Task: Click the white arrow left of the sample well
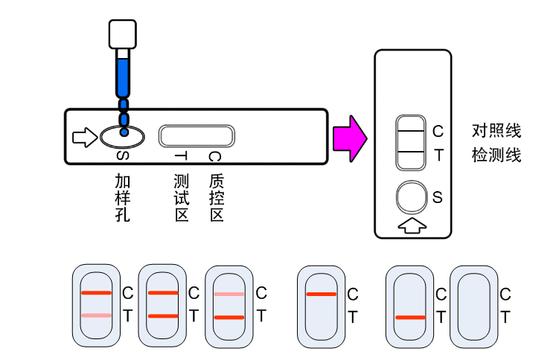(x=84, y=137)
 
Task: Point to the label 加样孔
(x=123, y=198)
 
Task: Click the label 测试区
(x=181, y=198)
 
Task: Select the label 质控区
(x=217, y=198)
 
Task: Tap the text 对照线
(x=496, y=132)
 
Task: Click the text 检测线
(x=496, y=156)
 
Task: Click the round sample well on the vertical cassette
(x=412, y=198)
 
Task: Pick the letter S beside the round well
(x=438, y=198)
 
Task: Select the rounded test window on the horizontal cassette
(x=197, y=135)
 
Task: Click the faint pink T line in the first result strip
(x=96, y=316)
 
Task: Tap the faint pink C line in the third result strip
(x=229, y=294)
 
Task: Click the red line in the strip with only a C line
(x=321, y=295)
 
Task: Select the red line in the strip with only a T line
(x=410, y=318)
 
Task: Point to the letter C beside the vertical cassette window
(x=438, y=132)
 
